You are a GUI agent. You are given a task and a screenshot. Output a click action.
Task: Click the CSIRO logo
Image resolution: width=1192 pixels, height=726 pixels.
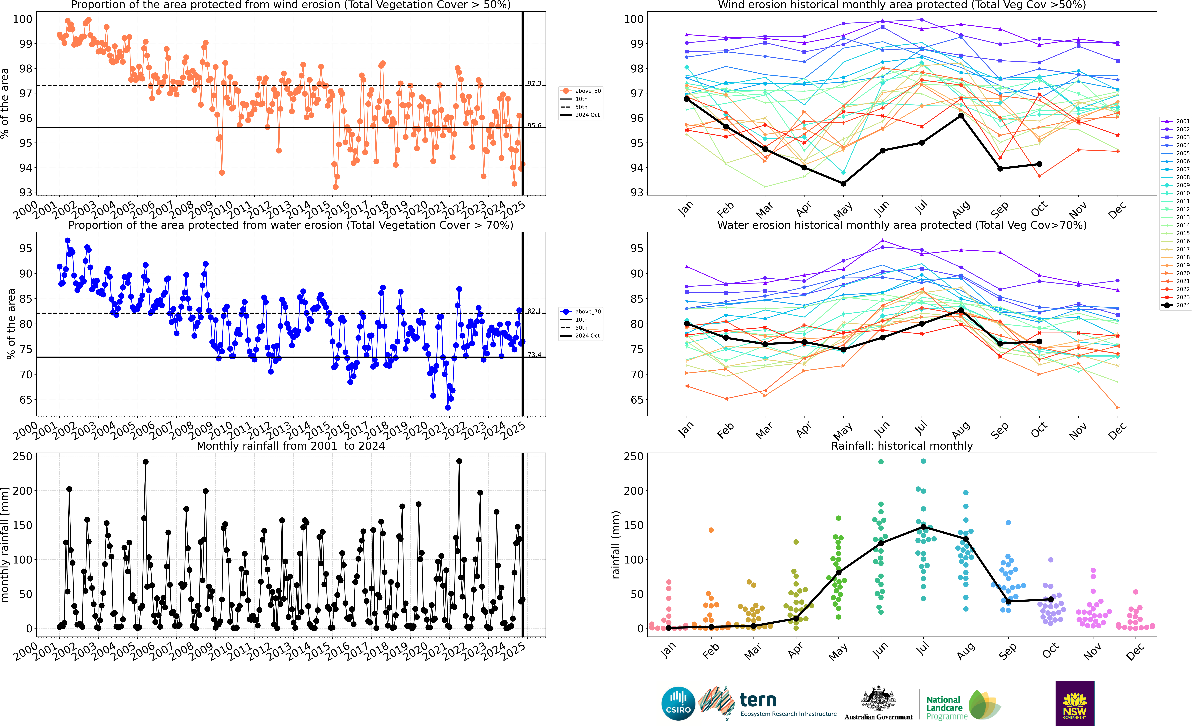[x=678, y=703]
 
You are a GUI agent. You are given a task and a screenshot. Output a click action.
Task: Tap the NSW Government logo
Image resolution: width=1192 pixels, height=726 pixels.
[x=1074, y=703]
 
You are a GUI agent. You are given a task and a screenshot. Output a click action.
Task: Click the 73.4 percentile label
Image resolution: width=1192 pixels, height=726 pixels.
[x=534, y=355]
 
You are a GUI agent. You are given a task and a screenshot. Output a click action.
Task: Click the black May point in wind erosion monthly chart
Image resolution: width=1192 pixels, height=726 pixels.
[x=843, y=183]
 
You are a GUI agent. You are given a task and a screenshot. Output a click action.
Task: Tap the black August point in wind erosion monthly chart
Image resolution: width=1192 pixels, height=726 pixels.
[x=961, y=116]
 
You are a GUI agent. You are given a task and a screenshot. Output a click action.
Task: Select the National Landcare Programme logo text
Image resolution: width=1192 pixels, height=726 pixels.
[x=946, y=708]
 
